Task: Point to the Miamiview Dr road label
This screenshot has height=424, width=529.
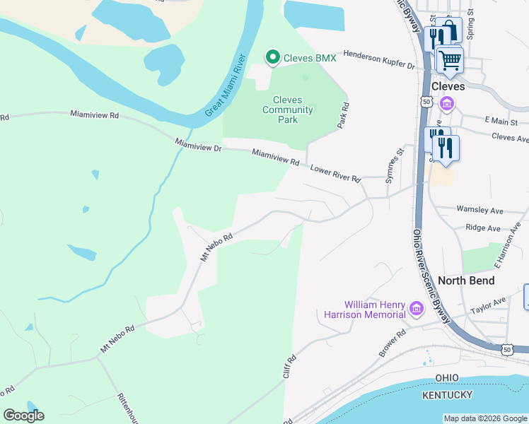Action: (199, 145)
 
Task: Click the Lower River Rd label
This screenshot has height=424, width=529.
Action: (336, 174)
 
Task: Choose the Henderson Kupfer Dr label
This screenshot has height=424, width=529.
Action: (379, 59)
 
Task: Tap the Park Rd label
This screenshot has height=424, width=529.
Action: (344, 114)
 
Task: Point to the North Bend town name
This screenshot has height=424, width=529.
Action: (466, 281)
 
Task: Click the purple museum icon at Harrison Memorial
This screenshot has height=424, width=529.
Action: (416, 308)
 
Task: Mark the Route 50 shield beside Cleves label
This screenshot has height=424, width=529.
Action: (426, 102)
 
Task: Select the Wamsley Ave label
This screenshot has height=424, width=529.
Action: (479, 211)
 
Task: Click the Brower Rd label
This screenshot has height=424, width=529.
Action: (391, 343)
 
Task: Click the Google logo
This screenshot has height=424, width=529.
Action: (24, 415)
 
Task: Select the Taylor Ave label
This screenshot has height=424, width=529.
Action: (489, 306)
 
